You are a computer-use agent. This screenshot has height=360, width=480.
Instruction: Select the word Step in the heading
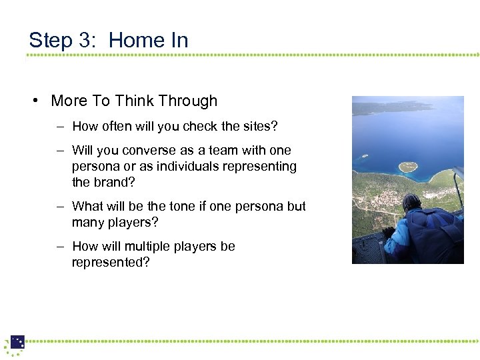(x=51, y=41)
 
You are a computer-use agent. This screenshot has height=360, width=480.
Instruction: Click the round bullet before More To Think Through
(x=35, y=101)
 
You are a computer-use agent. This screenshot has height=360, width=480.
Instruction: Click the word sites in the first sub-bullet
(x=259, y=127)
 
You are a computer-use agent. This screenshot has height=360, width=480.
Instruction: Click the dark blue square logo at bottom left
(x=17, y=342)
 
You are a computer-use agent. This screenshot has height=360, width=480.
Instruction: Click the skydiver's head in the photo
(x=411, y=203)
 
